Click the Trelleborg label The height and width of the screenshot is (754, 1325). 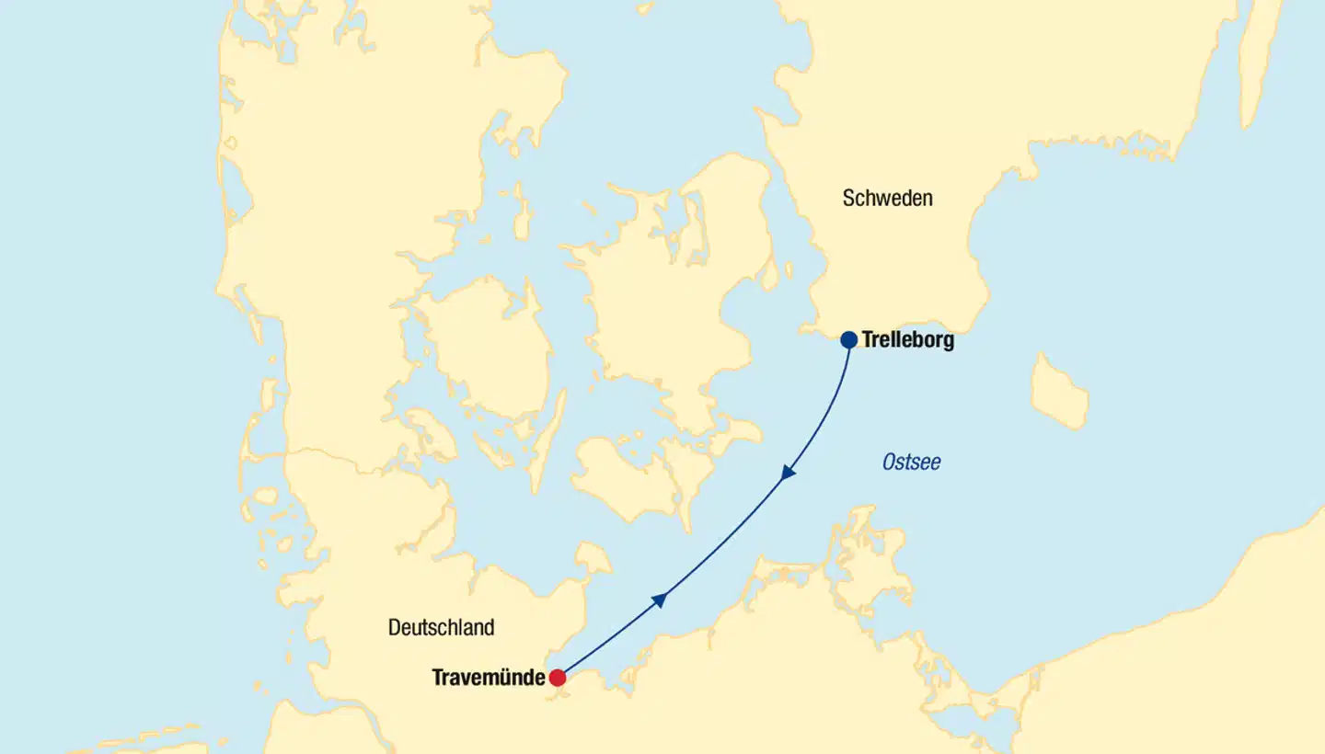click(907, 340)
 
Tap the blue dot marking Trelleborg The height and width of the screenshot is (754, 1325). click(848, 340)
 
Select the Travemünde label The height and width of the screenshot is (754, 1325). click(488, 679)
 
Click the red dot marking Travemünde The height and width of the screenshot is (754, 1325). click(558, 679)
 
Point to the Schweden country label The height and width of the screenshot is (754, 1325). click(887, 198)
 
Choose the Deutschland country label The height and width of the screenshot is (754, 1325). click(441, 628)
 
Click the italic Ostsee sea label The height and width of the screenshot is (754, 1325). click(911, 462)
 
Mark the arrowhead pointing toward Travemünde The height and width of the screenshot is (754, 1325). click(788, 474)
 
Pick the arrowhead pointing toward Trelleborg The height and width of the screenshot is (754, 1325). click(659, 600)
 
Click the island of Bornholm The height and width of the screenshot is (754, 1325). click(1058, 392)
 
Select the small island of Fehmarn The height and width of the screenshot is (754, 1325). click(592, 558)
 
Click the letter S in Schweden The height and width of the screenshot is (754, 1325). click(848, 198)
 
